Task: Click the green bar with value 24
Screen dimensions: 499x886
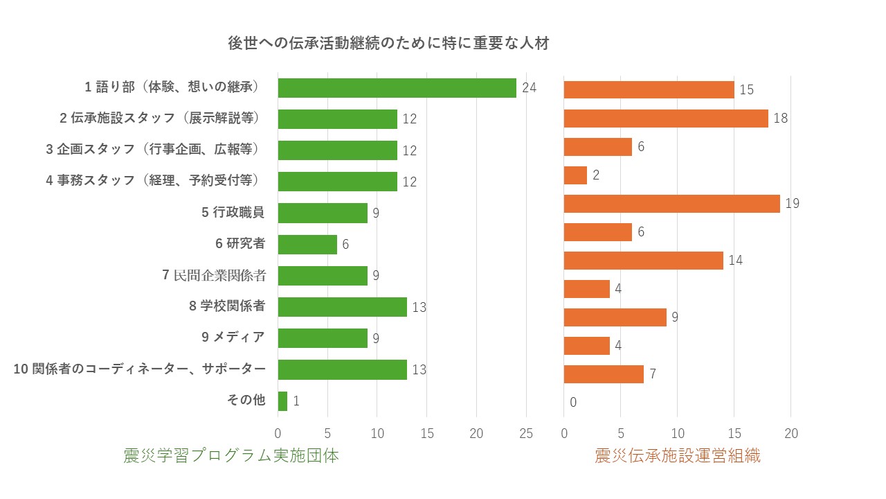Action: point(397,88)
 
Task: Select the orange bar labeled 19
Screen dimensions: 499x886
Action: point(671,204)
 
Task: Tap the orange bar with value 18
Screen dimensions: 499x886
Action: point(666,119)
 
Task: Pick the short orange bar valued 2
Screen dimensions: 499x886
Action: point(575,175)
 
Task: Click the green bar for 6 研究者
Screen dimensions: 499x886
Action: point(307,245)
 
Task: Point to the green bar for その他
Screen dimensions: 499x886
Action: point(282,401)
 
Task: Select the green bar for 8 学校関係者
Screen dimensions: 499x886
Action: point(342,307)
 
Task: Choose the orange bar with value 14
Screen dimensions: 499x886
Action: point(643,261)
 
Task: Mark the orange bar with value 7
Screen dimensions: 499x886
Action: point(604,374)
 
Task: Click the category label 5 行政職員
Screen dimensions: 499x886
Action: point(233,213)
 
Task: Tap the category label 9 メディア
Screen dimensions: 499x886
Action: point(233,338)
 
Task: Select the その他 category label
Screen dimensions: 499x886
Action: point(246,400)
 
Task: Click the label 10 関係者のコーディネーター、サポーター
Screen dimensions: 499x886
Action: point(140,369)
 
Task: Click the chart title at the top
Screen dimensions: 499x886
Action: point(388,43)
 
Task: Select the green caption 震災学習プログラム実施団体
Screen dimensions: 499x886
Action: point(231,456)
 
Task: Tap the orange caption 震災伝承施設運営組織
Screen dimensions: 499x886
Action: point(678,456)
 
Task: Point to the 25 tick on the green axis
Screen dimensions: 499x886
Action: point(525,434)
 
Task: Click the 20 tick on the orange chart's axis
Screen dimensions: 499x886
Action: point(790,434)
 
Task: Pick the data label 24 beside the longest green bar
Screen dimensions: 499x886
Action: point(530,88)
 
